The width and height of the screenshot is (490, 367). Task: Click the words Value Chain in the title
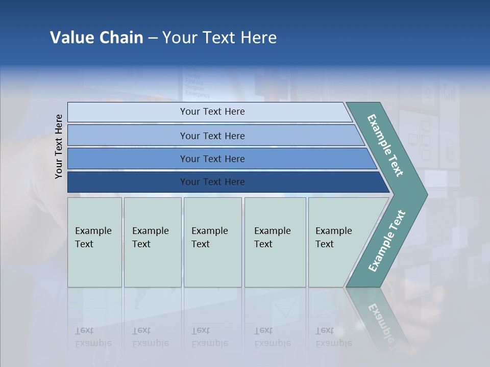pos(96,38)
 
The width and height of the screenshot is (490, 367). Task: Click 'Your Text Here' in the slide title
pos(219,38)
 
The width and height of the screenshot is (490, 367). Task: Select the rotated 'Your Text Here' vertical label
pos(59,146)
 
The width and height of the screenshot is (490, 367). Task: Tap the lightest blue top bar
pos(128,112)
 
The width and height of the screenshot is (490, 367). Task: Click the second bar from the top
pos(128,136)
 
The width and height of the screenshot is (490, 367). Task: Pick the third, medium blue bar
pos(128,159)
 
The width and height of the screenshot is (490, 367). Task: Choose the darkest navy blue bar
pos(128,182)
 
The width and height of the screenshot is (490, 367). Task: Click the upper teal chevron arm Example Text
pos(385,145)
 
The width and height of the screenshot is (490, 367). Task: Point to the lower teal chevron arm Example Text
pos(386,241)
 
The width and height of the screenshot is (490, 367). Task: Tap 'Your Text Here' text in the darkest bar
pos(212,182)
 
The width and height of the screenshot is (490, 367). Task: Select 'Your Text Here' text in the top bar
pos(212,112)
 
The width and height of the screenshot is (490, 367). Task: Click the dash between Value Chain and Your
pos(153,38)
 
